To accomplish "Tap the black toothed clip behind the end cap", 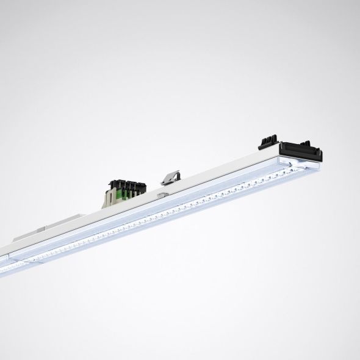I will point(268,141).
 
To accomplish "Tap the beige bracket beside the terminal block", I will point(109,196).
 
